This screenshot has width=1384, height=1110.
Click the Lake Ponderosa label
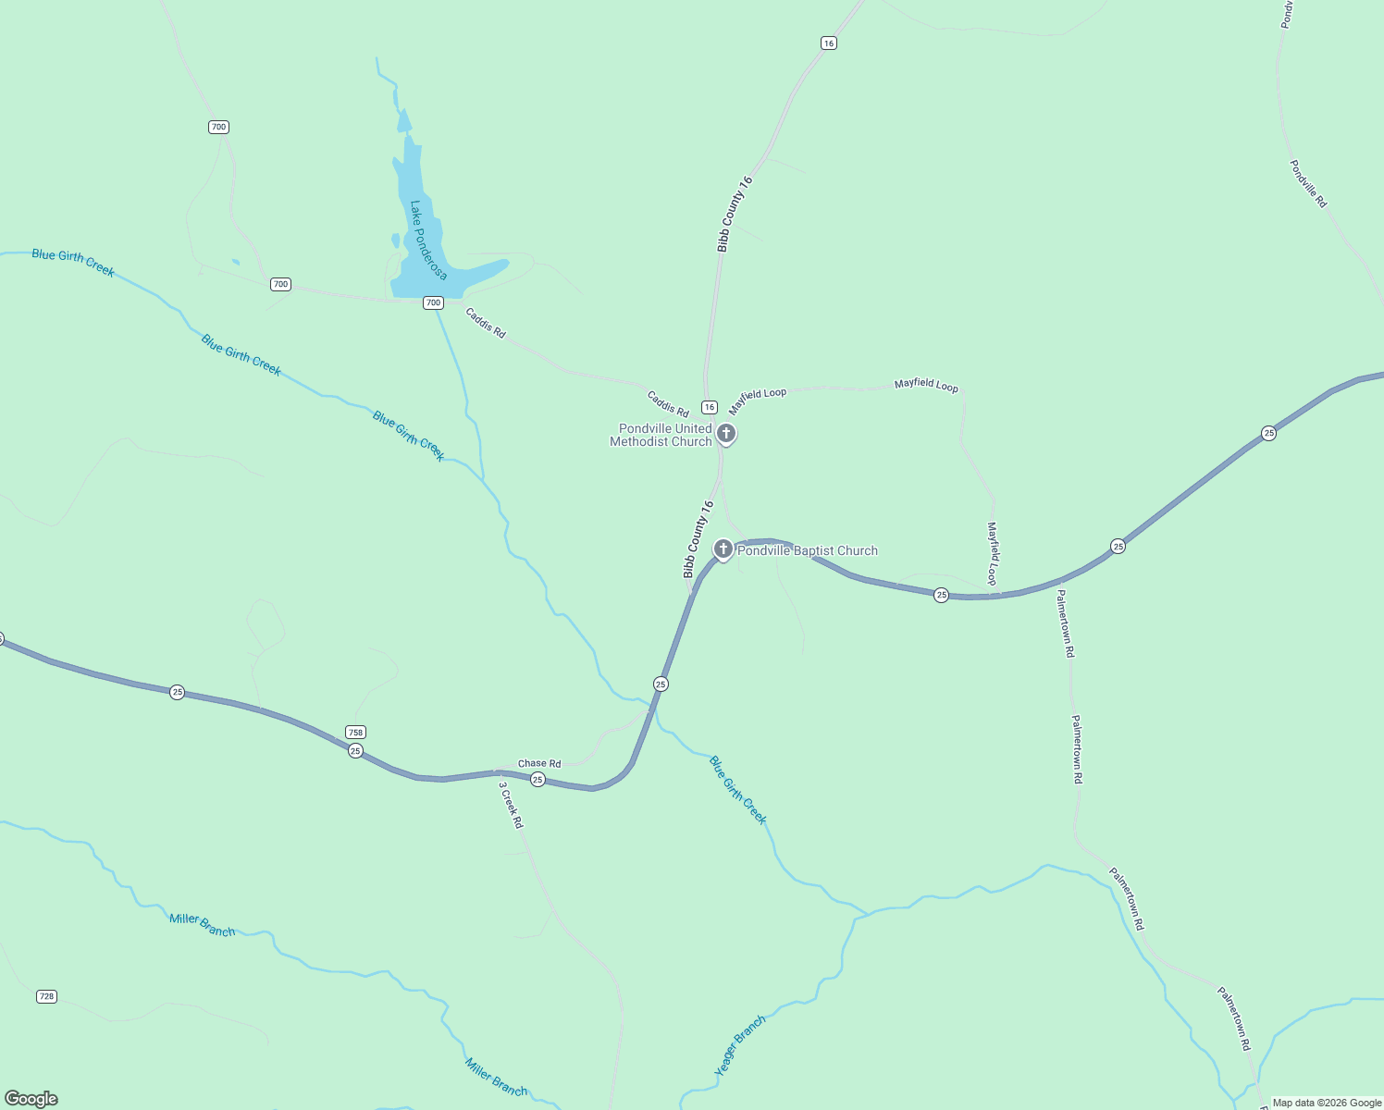[x=427, y=240]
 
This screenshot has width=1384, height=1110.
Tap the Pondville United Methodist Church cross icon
[x=727, y=433]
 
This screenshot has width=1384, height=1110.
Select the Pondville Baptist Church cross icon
[x=723, y=549]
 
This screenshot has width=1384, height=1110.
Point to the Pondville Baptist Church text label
[x=807, y=551]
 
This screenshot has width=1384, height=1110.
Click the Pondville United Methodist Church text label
[x=661, y=435]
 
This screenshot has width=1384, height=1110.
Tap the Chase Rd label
[x=539, y=764]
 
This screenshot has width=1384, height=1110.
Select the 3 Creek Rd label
[x=511, y=805]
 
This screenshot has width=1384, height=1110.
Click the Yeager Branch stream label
[x=740, y=1045]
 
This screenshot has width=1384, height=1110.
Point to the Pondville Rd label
[x=1308, y=183]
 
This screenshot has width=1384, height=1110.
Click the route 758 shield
[x=355, y=733]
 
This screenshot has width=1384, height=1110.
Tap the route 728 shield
[x=46, y=996]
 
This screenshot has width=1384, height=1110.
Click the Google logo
[x=31, y=1099]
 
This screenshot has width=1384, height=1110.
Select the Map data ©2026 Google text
[x=1327, y=1103]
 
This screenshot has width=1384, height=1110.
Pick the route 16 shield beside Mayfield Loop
[x=710, y=407]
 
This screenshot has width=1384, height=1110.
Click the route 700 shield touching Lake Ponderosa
[x=433, y=302]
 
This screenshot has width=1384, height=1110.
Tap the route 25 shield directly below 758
[x=355, y=751]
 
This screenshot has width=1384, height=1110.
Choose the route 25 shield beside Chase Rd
[x=538, y=780]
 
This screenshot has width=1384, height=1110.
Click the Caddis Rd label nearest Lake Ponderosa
[x=486, y=323]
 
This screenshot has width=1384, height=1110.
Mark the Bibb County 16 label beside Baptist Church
[x=698, y=539]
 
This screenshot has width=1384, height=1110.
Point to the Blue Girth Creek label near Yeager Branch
[x=737, y=790]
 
